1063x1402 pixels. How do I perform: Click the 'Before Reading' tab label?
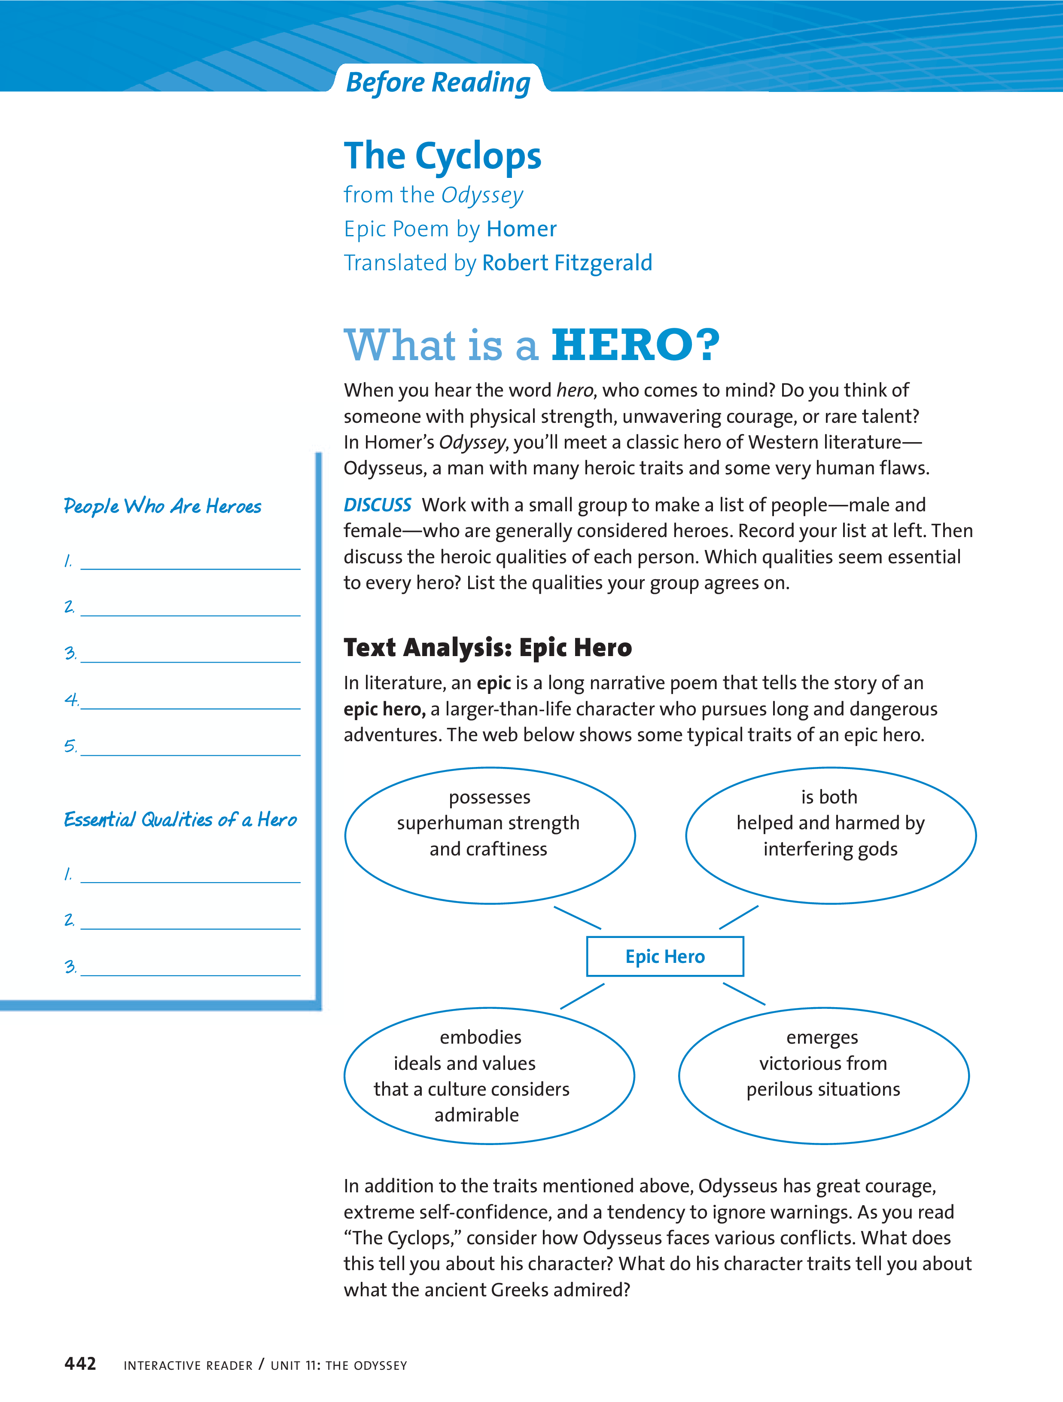click(438, 82)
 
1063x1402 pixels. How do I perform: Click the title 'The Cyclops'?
click(442, 156)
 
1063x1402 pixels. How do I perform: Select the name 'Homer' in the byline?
click(521, 229)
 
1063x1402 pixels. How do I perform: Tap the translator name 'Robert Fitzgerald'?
click(567, 263)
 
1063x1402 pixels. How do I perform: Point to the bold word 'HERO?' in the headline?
click(635, 345)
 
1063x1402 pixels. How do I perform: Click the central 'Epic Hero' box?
click(664, 956)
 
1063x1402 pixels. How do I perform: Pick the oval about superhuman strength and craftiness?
click(490, 835)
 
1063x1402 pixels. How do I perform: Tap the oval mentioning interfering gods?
click(831, 835)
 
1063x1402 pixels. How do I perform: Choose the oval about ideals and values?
click(489, 1075)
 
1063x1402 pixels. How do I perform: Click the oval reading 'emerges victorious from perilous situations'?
click(823, 1075)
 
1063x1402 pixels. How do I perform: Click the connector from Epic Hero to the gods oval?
click(739, 918)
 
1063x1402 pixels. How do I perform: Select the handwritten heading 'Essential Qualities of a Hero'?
click(180, 819)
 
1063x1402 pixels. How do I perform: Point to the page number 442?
click(80, 1364)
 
